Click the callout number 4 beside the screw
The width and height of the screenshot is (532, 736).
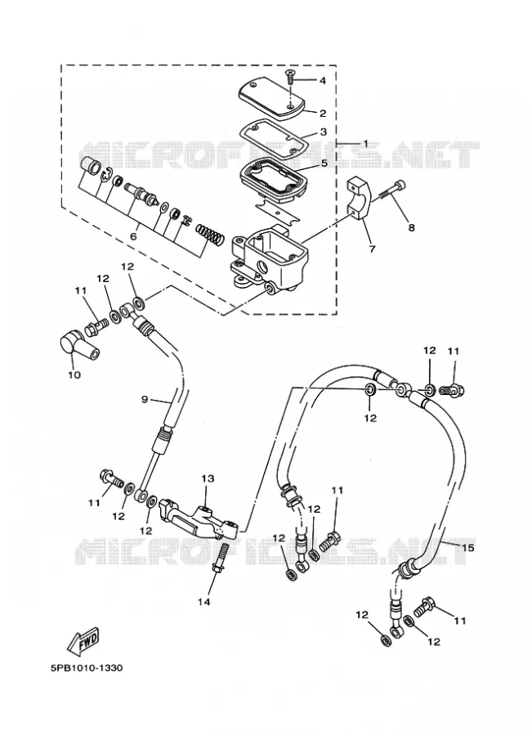pyautogui.click(x=322, y=81)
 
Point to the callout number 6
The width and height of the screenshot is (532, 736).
pyautogui.click(x=133, y=236)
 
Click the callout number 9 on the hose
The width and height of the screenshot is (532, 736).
pyautogui.click(x=145, y=399)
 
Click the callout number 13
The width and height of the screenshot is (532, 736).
pyautogui.click(x=208, y=478)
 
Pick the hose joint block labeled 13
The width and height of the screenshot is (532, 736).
pyautogui.click(x=199, y=518)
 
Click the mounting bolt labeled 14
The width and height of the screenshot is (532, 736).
pyautogui.click(x=221, y=559)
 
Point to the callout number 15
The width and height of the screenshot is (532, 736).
pyautogui.click(x=467, y=547)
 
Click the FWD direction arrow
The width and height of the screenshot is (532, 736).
pyautogui.click(x=84, y=640)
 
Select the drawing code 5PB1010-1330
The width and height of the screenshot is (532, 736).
pyautogui.click(x=87, y=667)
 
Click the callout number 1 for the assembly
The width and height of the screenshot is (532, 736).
pyautogui.click(x=365, y=143)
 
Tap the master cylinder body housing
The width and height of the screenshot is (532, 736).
pyautogui.click(x=268, y=261)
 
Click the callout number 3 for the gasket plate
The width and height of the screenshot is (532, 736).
pyautogui.click(x=324, y=132)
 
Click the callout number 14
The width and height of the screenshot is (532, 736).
pyautogui.click(x=203, y=601)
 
